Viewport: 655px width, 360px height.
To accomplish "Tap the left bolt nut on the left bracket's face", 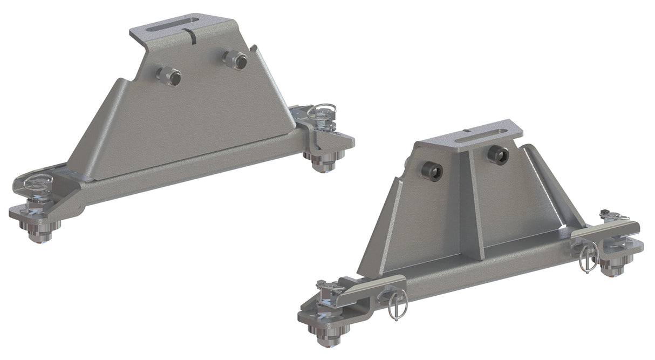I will (169, 76).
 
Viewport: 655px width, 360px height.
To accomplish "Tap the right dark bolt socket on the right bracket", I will (497, 155).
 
